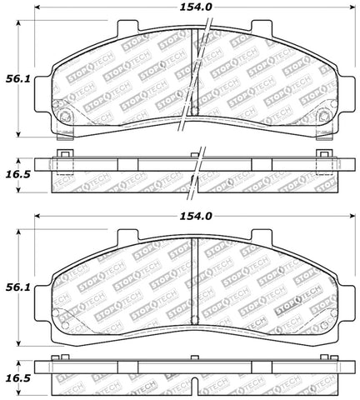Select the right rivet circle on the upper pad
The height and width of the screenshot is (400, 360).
(x=324, y=116)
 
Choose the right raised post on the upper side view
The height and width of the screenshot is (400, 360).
(x=326, y=155)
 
